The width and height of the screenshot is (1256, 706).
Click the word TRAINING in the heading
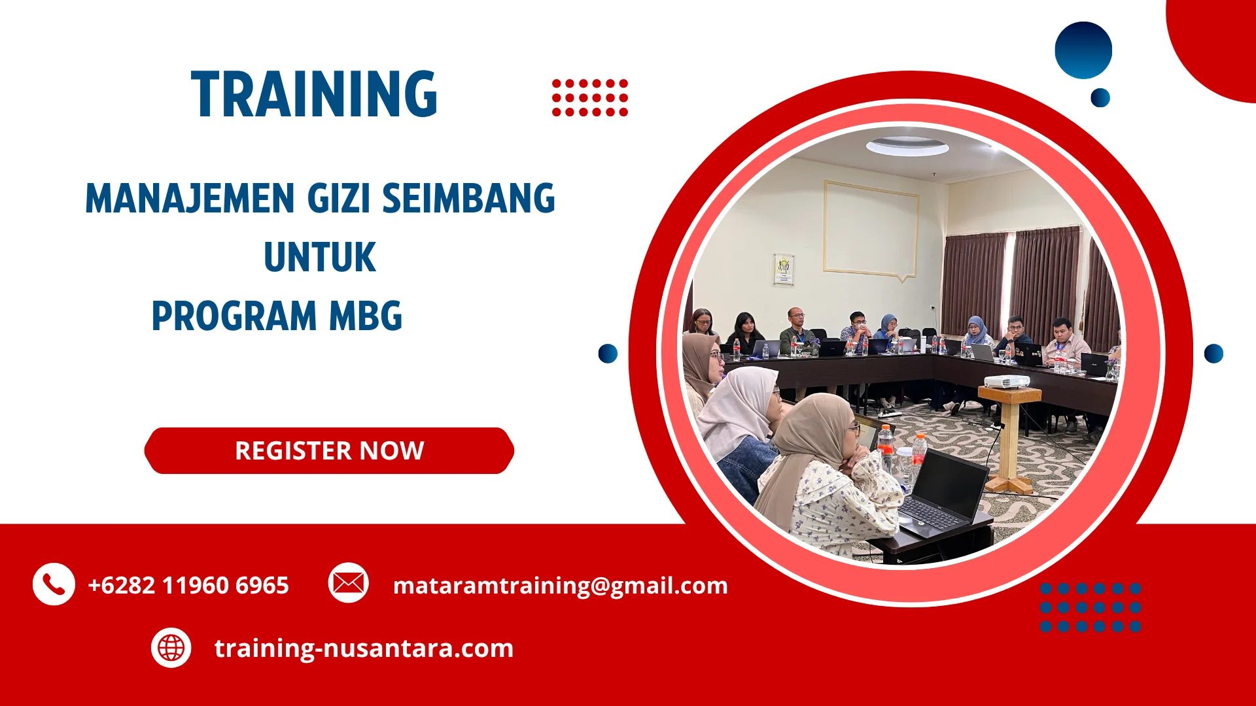pos(314,95)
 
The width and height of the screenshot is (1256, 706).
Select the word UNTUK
pos(320,257)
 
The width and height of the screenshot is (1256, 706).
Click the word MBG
pos(365,316)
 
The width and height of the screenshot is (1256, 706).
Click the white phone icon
pos(54,584)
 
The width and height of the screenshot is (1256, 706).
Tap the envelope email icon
pos(348,582)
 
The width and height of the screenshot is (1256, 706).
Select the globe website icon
pos(171,648)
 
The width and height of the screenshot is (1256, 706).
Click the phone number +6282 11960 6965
pos(188,585)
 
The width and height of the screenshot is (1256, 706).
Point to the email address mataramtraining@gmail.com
pos(560,585)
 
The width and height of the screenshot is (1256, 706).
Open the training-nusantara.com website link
pos(364,648)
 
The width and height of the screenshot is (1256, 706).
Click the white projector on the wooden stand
pos(1007,380)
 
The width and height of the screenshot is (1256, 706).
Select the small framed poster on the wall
pos(783,269)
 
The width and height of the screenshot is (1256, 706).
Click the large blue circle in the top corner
pos(1083,50)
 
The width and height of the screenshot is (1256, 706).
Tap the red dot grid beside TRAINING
pos(589,98)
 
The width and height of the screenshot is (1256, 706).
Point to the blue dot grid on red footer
pos(1090,607)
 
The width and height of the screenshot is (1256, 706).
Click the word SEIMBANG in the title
pos(468,198)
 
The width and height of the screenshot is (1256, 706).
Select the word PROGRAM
pos(234,316)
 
